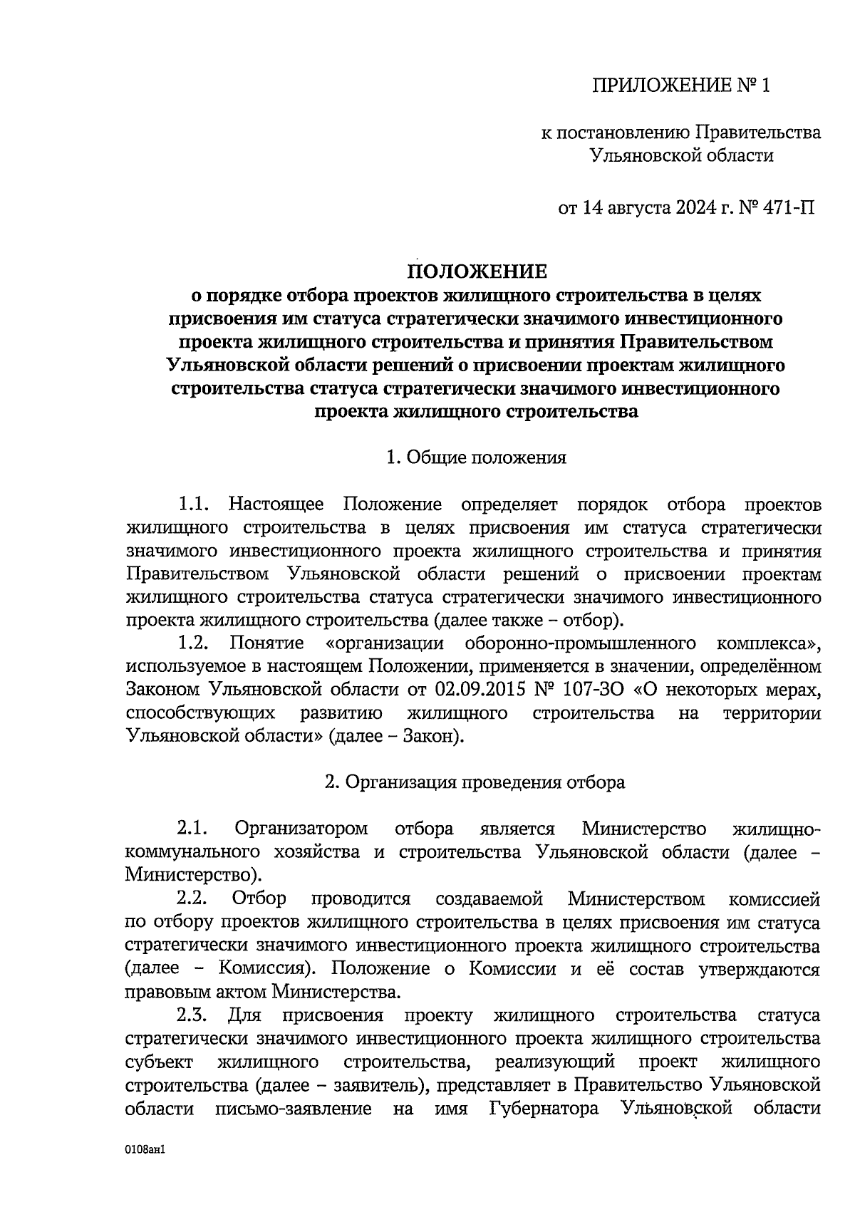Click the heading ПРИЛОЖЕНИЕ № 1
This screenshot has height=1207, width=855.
pos(682,86)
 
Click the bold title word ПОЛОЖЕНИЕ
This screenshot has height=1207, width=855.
pos(477,271)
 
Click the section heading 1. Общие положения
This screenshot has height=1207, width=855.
pos(476,457)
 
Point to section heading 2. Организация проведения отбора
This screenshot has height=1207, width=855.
pos(475,782)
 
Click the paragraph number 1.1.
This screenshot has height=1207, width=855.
pos(193,504)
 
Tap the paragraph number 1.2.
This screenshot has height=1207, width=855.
pos(193,643)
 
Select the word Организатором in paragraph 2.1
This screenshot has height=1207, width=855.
pos(301,829)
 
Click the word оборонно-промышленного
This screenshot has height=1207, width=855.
pos(580,643)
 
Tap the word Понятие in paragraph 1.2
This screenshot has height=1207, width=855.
pos(266,643)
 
